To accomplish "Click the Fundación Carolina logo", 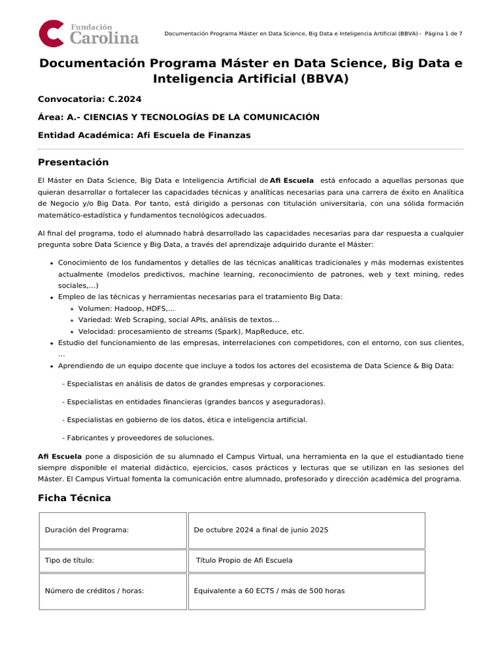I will pyautogui.click(x=89, y=33).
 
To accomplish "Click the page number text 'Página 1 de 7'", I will pyautogui.click(x=443, y=33).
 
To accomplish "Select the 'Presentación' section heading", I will pyautogui.click(x=73, y=162).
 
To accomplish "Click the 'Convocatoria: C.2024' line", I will pyautogui.click(x=90, y=99).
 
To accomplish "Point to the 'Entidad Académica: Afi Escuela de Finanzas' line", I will pyautogui.click(x=144, y=135).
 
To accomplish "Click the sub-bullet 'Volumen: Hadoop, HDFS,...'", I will pyautogui.click(x=126, y=308).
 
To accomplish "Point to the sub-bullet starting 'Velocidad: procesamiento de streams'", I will pyautogui.click(x=191, y=331).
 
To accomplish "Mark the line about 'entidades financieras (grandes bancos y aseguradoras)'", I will pyautogui.click(x=193, y=402).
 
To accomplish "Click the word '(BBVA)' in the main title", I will pyautogui.click(x=326, y=79).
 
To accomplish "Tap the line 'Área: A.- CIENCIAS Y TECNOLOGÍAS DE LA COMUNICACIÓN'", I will pyautogui.click(x=178, y=117).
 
